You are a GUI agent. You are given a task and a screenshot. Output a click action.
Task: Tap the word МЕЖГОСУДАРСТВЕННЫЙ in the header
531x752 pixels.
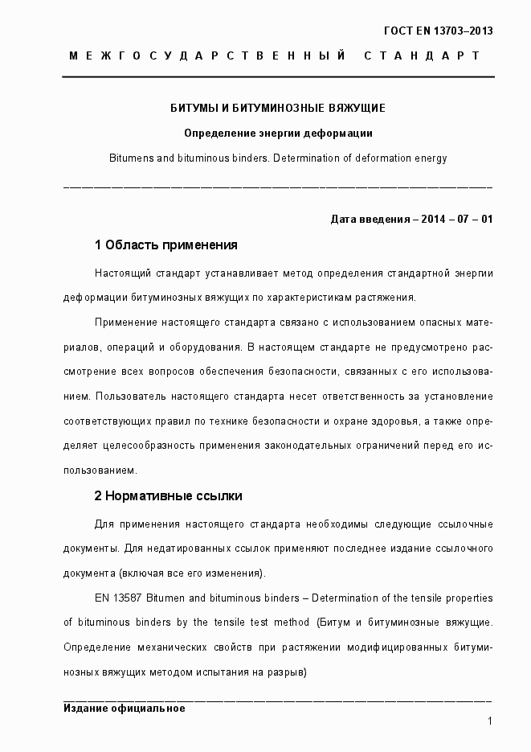(208, 55)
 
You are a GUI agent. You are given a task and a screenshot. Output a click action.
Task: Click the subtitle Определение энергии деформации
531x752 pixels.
(278, 133)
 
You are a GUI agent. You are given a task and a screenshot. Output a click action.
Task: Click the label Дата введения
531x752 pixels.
(369, 219)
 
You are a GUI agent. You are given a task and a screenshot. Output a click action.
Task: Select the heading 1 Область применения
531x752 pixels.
(165, 245)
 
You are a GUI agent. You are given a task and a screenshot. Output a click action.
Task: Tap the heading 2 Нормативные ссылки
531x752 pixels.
(168, 495)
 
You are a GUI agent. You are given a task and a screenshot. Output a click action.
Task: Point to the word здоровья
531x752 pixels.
(394, 421)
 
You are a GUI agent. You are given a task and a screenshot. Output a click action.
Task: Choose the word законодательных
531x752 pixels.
(296, 445)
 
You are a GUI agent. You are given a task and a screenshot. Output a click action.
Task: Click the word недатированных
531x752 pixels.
(174, 549)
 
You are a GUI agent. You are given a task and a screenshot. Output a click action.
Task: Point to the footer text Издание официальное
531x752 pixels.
(124, 709)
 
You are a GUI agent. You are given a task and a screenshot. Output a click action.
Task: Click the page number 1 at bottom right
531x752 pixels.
(489, 721)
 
